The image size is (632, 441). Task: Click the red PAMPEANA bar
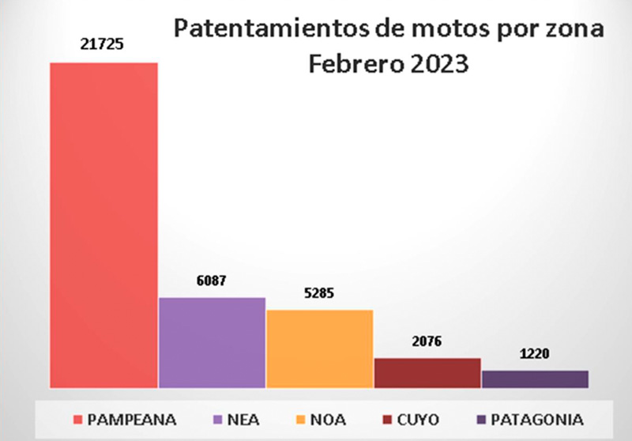103,225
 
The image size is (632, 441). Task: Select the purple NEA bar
212,343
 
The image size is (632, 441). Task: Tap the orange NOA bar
319,349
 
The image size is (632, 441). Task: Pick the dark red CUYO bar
427,373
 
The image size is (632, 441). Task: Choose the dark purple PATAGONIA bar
535,379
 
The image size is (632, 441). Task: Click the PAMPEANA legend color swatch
77,418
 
